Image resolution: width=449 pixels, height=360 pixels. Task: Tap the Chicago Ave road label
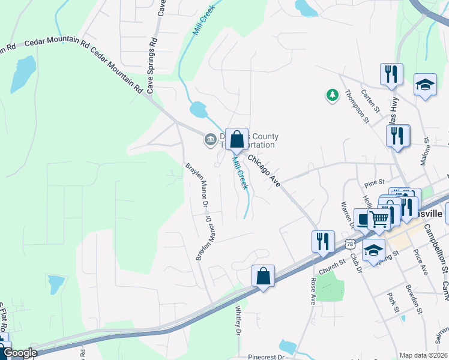[264, 172]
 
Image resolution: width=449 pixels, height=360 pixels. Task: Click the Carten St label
[370, 101]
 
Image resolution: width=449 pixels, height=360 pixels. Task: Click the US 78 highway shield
[351, 244]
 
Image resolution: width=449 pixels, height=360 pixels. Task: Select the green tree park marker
[331, 94]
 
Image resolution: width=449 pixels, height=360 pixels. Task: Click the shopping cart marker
[378, 220]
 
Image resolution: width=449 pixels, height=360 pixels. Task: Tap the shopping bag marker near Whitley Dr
[263, 277]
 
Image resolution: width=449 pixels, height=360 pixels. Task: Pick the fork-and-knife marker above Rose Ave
[323, 242]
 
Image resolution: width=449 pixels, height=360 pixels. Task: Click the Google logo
[20, 353]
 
